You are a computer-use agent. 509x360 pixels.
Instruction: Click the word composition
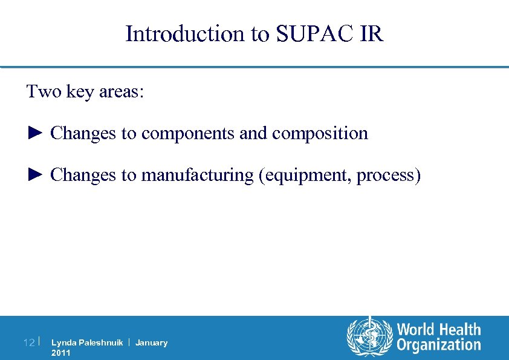click(320, 133)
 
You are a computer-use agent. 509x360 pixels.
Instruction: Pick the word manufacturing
click(197, 175)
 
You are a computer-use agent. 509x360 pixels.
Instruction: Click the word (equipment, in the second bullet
click(305, 175)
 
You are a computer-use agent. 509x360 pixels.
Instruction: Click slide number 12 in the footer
click(28, 343)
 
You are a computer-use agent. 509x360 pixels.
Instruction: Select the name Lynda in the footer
click(62, 342)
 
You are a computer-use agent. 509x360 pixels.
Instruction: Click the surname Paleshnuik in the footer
click(99, 342)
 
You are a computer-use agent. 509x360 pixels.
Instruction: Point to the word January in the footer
click(151, 342)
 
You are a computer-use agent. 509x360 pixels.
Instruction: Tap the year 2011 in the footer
click(61, 353)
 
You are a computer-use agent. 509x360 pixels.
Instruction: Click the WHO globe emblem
click(369, 337)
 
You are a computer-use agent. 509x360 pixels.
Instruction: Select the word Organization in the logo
click(438, 345)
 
